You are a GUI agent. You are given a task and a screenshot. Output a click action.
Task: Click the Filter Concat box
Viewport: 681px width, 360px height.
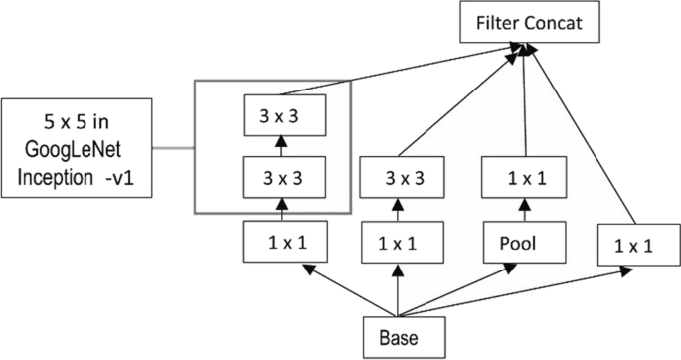[530, 22]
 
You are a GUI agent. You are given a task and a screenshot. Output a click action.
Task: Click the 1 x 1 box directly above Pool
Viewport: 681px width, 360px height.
[523, 180]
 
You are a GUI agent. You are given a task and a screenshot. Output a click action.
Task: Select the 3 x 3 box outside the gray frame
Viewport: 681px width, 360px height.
[398, 180]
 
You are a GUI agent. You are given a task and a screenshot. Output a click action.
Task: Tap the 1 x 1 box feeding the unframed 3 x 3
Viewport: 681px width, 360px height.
[398, 242]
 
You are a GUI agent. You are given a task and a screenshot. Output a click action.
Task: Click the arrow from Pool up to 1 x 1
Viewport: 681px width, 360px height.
[523, 211]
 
